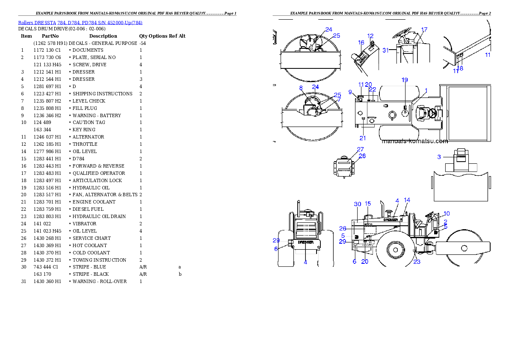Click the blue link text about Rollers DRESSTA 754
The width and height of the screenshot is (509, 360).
click(x=80, y=23)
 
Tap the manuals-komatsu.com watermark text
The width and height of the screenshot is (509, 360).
click(x=414, y=141)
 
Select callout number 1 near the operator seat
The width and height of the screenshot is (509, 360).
click(x=426, y=91)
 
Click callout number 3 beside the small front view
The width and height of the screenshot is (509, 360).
click(x=439, y=157)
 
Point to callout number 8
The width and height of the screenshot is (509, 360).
click(x=301, y=88)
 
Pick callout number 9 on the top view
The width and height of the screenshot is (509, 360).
click(x=350, y=92)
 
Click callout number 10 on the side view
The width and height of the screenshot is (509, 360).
click(x=447, y=213)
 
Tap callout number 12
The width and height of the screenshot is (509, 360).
click(x=370, y=36)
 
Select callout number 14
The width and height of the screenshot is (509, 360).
click(x=407, y=200)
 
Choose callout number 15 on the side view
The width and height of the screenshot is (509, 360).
click(x=368, y=204)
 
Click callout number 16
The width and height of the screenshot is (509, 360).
click(x=361, y=42)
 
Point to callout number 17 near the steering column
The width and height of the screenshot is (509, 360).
click(x=424, y=30)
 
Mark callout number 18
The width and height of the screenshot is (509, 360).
click(x=460, y=68)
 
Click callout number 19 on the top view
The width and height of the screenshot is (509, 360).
click(x=405, y=80)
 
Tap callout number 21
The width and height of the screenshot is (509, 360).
click(x=363, y=138)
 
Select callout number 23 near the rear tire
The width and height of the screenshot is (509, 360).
click(x=417, y=262)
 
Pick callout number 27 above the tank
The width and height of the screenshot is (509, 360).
click(x=360, y=150)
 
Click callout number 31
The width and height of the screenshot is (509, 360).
click(x=385, y=50)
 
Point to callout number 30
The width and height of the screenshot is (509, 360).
click(x=358, y=204)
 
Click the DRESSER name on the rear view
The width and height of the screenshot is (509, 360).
click(x=305, y=242)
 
